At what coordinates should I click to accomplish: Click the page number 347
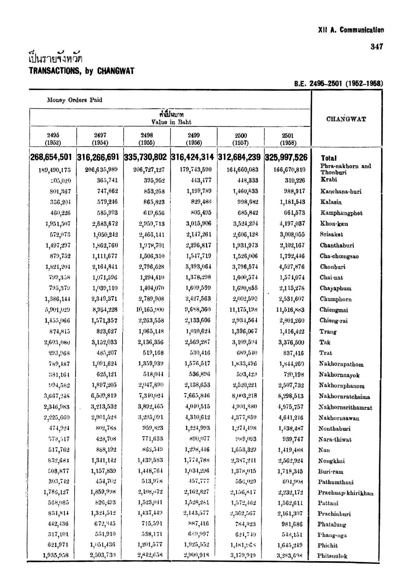click(x=377, y=47)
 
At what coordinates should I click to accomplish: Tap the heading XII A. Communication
click(x=351, y=30)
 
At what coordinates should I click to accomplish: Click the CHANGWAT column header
click(x=346, y=119)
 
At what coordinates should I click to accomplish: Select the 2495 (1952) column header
click(x=53, y=139)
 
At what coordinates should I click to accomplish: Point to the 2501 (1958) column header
click(x=288, y=139)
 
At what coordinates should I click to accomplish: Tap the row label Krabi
click(x=328, y=180)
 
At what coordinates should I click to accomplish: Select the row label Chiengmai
click(x=334, y=310)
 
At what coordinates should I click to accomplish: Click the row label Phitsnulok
click(x=332, y=556)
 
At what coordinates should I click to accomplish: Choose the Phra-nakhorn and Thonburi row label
click(x=345, y=169)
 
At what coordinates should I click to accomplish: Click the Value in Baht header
click(x=171, y=122)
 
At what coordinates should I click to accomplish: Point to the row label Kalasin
click(x=331, y=202)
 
